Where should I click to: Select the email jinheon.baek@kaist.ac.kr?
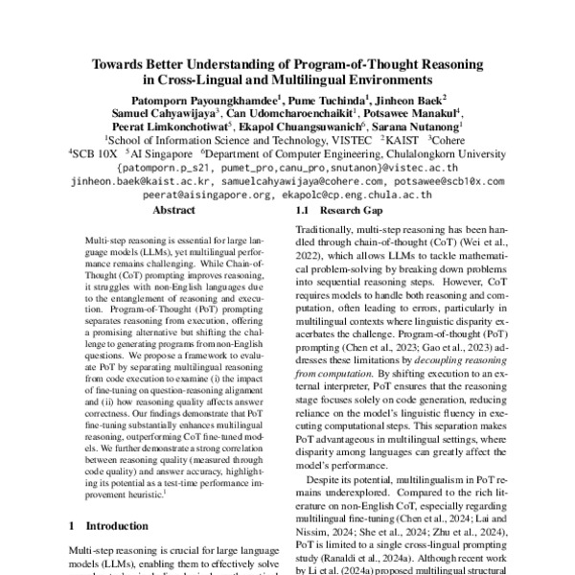tap(131, 179)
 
